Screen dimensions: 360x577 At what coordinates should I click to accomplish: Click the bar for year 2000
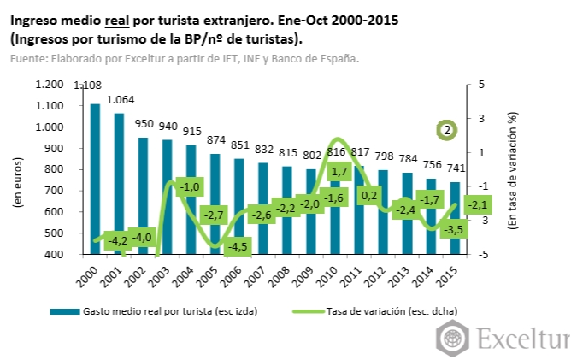(x=95, y=180)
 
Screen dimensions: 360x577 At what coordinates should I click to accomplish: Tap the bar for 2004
(x=191, y=200)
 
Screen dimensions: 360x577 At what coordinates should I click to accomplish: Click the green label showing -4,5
(x=238, y=247)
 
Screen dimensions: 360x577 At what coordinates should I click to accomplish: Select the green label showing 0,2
(x=370, y=196)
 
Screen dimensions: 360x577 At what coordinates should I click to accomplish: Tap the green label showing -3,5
(x=454, y=229)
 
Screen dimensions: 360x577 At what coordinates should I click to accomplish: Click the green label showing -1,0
(x=191, y=186)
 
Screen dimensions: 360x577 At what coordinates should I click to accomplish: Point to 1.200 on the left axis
(x=50, y=84)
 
